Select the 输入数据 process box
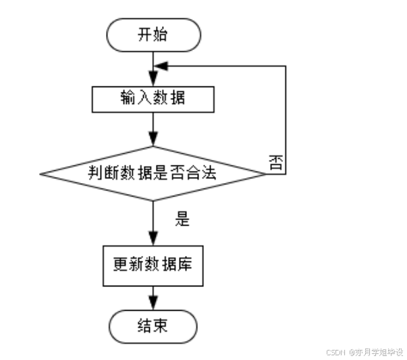point(153,99)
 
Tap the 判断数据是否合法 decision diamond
point(153,174)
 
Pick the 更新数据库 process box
point(153,263)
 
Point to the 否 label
point(275,161)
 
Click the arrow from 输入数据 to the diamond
point(153,129)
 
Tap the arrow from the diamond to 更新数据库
point(153,223)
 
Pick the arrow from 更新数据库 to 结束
point(153,297)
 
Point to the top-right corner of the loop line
point(286,66)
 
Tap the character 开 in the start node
point(144,35)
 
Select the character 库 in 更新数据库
point(186,263)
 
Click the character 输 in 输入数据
point(128,99)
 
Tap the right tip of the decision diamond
point(265,174)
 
